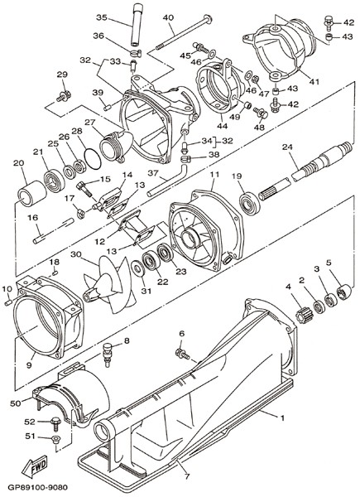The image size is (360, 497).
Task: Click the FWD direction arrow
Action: click(34, 466)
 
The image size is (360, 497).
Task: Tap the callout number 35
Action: click(102, 17)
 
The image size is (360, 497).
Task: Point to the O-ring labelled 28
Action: click(93, 158)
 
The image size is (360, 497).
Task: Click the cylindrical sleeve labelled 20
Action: click(31, 193)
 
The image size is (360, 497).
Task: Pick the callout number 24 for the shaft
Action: click(287, 147)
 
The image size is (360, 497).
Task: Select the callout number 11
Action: click(214, 174)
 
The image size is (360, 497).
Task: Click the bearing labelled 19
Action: click(250, 203)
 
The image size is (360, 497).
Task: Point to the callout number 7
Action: click(187, 476)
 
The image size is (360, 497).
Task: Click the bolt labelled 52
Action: click(55, 423)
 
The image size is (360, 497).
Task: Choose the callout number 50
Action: click(16, 403)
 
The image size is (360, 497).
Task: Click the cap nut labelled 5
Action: click(343, 292)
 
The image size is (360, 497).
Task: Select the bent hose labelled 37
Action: click(167, 180)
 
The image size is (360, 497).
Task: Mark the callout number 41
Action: click(314, 81)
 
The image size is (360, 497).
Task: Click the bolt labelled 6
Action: click(182, 354)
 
